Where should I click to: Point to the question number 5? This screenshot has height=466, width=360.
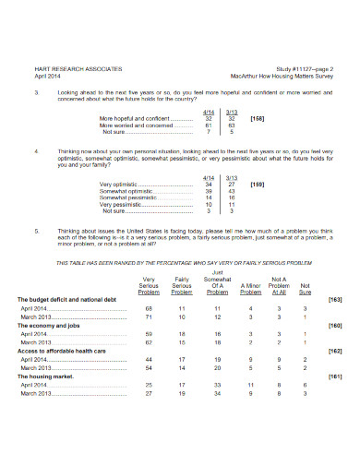[x=35, y=230]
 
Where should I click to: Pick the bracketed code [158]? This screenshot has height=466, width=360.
[x=258, y=119]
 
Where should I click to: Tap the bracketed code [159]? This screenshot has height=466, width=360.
[x=258, y=185]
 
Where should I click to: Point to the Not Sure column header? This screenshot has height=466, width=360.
[x=306, y=289]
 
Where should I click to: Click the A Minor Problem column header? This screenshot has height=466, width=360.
[x=250, y=292]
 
